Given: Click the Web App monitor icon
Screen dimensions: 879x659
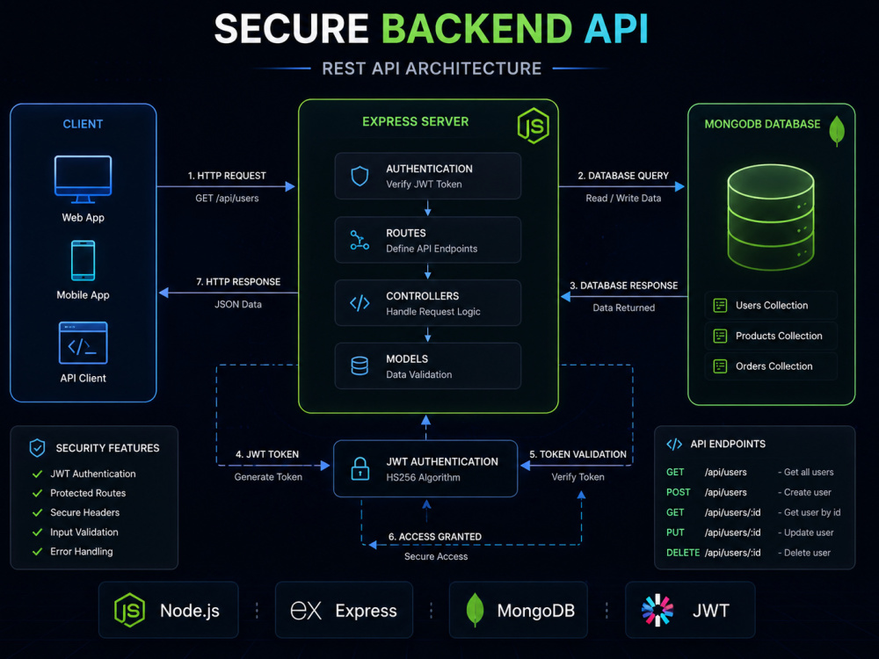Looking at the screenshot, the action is pos(83,179).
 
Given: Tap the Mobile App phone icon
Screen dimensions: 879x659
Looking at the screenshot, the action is pos(83,261).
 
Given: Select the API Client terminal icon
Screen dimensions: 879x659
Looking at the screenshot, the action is pos(83,343).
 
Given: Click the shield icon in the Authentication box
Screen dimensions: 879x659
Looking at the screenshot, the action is pos(360,176).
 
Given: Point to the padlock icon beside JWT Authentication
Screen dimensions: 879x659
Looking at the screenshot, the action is pos(360,468).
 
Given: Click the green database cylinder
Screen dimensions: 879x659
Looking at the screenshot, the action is pos(771,217).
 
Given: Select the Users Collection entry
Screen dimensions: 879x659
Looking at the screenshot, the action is pos(771,306).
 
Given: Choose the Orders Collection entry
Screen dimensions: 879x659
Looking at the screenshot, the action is pos(771,366).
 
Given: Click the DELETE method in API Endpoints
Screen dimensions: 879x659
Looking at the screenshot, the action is pos(683,553).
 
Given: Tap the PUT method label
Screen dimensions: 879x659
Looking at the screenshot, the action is pos(675,532).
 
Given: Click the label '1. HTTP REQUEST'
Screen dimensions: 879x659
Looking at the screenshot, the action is pos(227,176).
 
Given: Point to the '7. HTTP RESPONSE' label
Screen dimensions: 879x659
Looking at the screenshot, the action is pos(238,282).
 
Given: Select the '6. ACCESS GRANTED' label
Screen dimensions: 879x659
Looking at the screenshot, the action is pos(435,537).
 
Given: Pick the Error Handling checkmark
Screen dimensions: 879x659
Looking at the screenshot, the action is pos(38,552).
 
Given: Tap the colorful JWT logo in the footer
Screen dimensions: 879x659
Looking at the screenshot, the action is pos(657,611).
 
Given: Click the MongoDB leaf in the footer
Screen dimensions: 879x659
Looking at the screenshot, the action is pos(475,610).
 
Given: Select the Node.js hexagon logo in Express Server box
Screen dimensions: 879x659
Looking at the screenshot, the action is pos(534,126).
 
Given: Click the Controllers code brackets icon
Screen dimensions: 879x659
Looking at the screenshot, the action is pos(360,303).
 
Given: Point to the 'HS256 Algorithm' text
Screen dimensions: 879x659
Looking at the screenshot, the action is pos(424,477).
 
